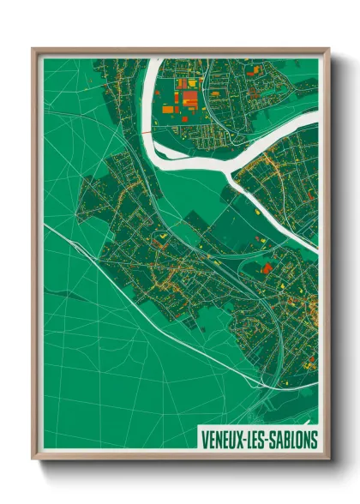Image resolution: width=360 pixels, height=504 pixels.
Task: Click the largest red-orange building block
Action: pos(188,100)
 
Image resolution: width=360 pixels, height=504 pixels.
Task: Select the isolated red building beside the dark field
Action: pos(266,268)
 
